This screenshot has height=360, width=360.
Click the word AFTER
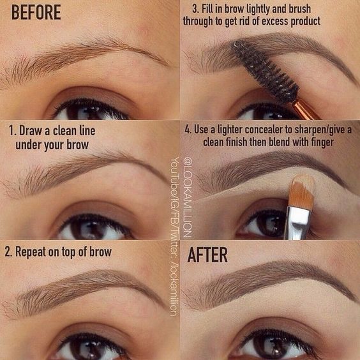tap(207, 255)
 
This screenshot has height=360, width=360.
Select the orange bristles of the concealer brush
tap(302, 192)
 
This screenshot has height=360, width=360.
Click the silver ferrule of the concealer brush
tap(297, 221)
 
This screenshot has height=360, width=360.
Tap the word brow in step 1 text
tap(75, 145)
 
